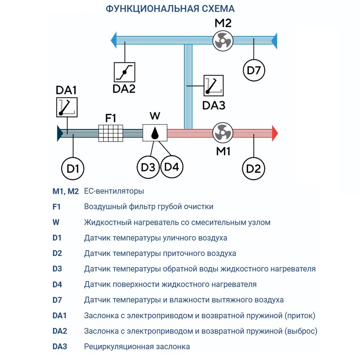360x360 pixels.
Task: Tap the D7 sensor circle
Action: tap(254, 70)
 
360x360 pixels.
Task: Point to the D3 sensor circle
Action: tap(148, 167)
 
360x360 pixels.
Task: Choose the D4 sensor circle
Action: tap(172, 167)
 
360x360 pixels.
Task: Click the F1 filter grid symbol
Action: tap(111, 133)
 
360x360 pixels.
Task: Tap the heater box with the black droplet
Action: tap(154, 133)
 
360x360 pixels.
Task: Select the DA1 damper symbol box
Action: tap(67, 107)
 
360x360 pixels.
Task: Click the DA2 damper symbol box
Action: tap(124, 72)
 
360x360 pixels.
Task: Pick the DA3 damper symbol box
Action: tap(213, 85)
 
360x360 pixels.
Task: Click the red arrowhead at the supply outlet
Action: tap(275, 133)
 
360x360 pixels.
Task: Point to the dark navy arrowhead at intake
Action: tap(60, 133)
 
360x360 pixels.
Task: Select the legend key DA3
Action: tap(60, 347)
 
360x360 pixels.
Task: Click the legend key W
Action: tap(56, 222)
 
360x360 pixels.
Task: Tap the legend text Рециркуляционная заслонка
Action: tap(137, 347)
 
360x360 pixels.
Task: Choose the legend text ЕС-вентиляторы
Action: tap(114, 191)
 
